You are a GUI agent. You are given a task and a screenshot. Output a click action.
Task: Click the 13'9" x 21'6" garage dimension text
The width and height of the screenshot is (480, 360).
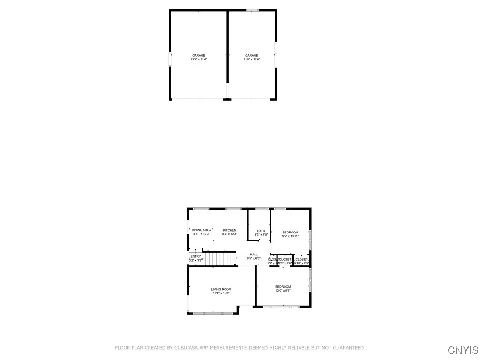(x=198, y=60)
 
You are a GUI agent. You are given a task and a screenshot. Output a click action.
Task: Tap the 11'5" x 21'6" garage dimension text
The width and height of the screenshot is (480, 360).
(x=252, y=60)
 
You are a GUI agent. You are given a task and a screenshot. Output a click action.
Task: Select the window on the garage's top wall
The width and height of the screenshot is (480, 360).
(x=252, y=10)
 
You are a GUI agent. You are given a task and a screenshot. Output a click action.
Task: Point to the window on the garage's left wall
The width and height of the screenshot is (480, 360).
(x=170, y=60)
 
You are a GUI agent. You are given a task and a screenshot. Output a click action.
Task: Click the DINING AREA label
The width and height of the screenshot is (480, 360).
(x=201, y=230)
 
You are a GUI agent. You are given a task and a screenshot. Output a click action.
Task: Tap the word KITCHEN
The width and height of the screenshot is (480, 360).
(x=230, y=230)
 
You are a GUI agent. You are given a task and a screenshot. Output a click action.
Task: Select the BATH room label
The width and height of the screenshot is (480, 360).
(x=261, y=231)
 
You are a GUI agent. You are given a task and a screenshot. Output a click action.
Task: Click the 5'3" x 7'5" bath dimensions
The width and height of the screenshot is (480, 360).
(x=261, y=235)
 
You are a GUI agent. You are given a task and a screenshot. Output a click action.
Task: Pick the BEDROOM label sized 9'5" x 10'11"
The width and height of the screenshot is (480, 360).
(x=290, y=232)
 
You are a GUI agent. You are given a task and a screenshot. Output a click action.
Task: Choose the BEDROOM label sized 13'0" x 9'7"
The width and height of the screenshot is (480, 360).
(x=283, y=287)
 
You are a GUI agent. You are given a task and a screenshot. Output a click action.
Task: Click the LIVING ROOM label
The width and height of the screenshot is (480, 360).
(x=221, y=289)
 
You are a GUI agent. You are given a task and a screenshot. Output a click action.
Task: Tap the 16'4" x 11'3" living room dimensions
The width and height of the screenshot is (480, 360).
(x=221, y=293)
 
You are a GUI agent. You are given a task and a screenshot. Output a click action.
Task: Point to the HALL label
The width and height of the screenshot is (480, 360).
(x=254, y=255)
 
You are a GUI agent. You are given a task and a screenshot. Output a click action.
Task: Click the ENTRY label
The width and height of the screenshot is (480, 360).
(x=196, y=256)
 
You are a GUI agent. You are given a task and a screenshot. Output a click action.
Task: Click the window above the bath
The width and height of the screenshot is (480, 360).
(x=261, y=208)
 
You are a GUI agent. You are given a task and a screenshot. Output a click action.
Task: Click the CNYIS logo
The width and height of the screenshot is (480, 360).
(x=463, y=350)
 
